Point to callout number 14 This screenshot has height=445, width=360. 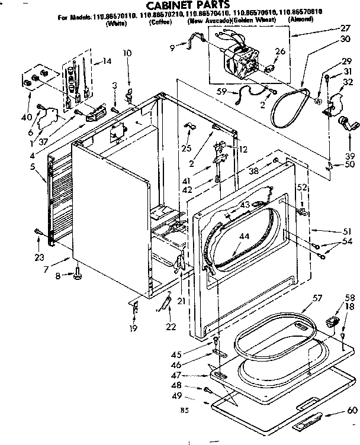pyautogui.click(x=107, y=62)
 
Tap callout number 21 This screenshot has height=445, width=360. pyautogui.click(x=181, y=301)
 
